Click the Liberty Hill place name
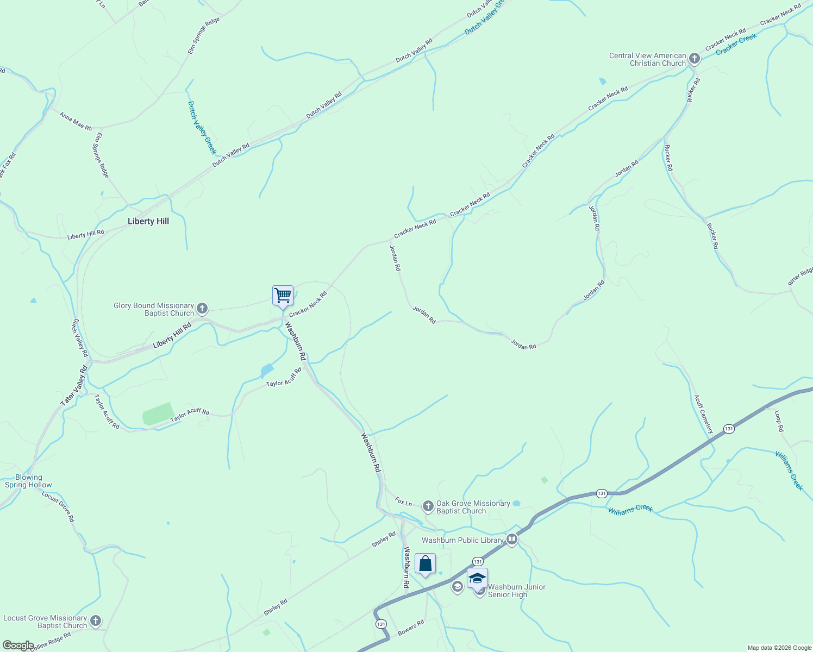tap(148, 221)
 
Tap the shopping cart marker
tap(283, 296)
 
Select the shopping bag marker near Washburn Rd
tap(425, 564)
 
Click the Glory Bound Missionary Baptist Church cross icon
tap(202, 309)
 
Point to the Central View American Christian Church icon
tap(694, 59)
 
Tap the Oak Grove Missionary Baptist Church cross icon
tap(428, 507)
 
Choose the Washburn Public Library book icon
tap(512, 540)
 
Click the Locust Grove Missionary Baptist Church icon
tap(96, 621)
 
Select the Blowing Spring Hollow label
tap(28, 481)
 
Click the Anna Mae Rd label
tap(76, 121)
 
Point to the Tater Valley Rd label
tap(74, 386)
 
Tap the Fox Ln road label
tap(403, 501)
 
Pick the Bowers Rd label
tap(410, 628)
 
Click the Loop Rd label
tap(779, 421)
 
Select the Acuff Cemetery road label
tap(703, 414)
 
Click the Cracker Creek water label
tap(736, 44)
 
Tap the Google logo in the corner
tap(18, 645)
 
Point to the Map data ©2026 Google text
tap(779, 648)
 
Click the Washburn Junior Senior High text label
tap(516, 591)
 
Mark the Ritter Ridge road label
tap(801, 275)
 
